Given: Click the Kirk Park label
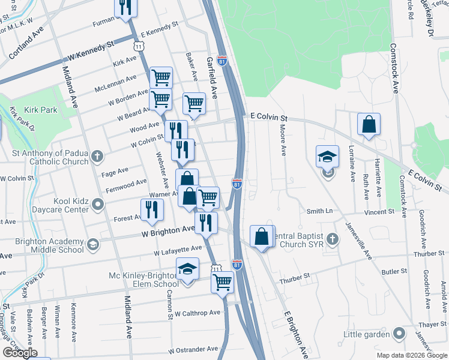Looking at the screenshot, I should click(41, 110).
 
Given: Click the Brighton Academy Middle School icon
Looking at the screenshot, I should click(92, 245).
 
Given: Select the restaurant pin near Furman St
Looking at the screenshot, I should click(126, 8).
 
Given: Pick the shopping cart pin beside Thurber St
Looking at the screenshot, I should click(223, 281).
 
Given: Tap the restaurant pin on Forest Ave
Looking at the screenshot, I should click(151, 209).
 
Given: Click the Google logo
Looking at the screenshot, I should click(19, 353).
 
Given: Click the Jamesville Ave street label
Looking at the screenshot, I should click(360, 240).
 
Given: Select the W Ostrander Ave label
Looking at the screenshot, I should click(193, 349).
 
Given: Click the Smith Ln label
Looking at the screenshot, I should click(319, 211).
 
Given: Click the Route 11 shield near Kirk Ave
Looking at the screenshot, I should click(139, 46).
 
